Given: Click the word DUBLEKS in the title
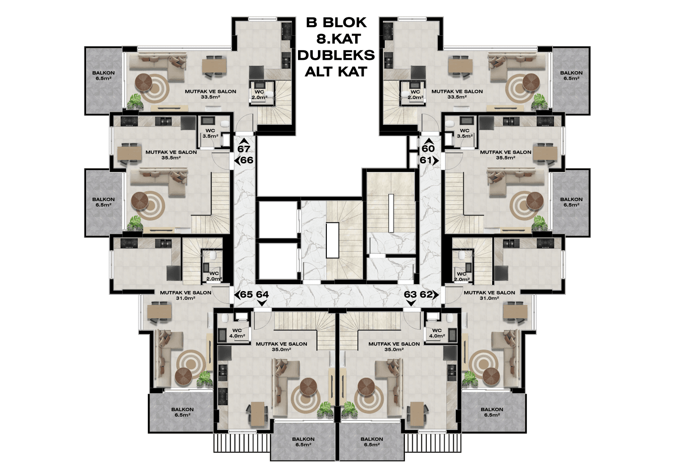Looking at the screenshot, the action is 336,55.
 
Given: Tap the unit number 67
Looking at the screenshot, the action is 244,149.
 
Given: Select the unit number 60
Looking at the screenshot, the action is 428,148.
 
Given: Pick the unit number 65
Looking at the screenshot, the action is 246,294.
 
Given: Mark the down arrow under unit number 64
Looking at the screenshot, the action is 262,303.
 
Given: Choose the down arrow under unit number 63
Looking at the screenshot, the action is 411,303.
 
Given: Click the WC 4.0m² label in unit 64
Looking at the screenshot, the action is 237,333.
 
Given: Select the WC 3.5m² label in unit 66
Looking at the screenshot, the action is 210,133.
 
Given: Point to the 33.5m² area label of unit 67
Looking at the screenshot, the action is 210,97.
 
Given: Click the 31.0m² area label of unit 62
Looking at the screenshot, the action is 489,298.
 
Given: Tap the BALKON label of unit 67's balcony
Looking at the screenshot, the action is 103,73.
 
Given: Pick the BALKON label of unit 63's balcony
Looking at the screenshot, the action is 372,439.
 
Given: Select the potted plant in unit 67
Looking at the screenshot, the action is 135,101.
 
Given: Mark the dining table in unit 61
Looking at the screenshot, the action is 545,154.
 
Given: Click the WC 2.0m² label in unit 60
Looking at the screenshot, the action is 415,95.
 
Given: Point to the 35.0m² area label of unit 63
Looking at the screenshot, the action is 394,350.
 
